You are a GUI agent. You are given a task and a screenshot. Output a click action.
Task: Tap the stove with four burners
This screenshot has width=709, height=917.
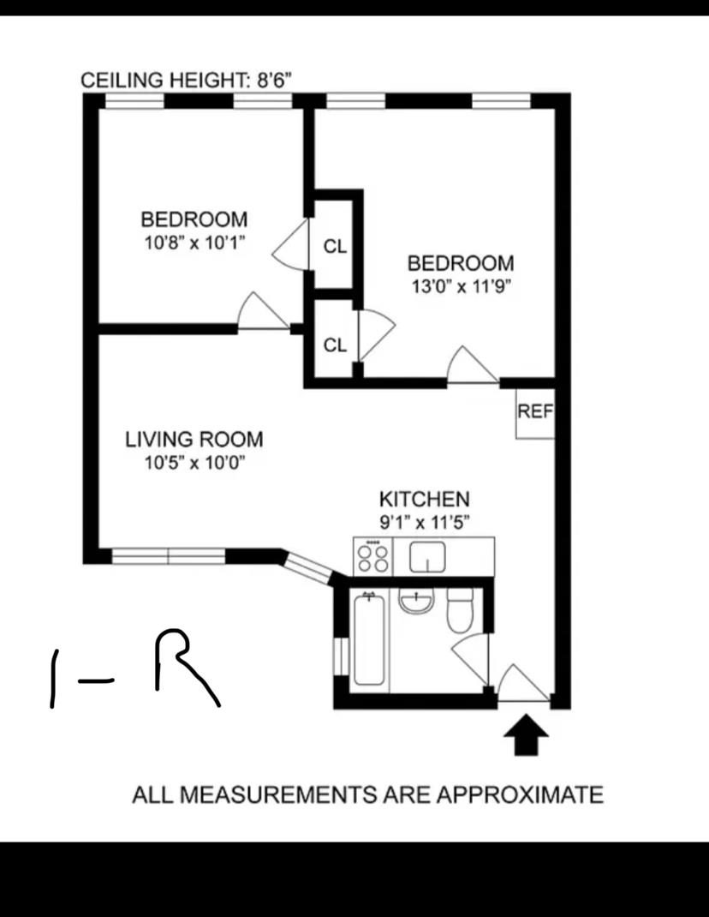point(373,557)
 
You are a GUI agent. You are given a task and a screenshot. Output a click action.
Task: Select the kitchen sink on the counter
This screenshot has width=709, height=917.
point(427,557)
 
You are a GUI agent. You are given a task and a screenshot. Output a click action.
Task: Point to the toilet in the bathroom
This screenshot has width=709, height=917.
point(460,610)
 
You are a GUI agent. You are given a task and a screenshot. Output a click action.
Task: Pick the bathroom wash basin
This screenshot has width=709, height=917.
point(417,602)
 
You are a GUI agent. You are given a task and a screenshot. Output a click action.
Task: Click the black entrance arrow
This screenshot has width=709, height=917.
point(526,734)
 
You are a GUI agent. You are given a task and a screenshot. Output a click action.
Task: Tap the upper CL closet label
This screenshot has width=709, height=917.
point(335,246)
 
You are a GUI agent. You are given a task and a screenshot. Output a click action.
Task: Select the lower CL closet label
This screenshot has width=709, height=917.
point(335,345)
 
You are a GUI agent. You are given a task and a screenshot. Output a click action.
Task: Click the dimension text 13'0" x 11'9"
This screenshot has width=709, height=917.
point(462,287)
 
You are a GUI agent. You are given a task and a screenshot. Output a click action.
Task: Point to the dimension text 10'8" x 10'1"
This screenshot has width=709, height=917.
point(194,243)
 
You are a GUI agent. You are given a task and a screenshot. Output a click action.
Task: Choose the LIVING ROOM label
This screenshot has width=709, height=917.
point(194,439)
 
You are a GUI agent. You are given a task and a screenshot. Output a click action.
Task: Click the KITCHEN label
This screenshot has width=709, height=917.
point(425,499)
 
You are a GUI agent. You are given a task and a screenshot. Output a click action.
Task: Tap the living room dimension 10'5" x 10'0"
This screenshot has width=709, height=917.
point(194,463)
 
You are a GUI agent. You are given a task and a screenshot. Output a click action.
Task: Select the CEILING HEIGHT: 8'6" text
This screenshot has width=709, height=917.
point(186,80)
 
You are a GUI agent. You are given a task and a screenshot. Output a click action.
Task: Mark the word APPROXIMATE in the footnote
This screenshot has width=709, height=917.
point(521,794)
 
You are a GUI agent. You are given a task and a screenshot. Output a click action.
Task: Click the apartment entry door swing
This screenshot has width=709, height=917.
point(523,683)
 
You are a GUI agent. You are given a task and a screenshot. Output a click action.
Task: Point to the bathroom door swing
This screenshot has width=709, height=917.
point(471,658)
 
